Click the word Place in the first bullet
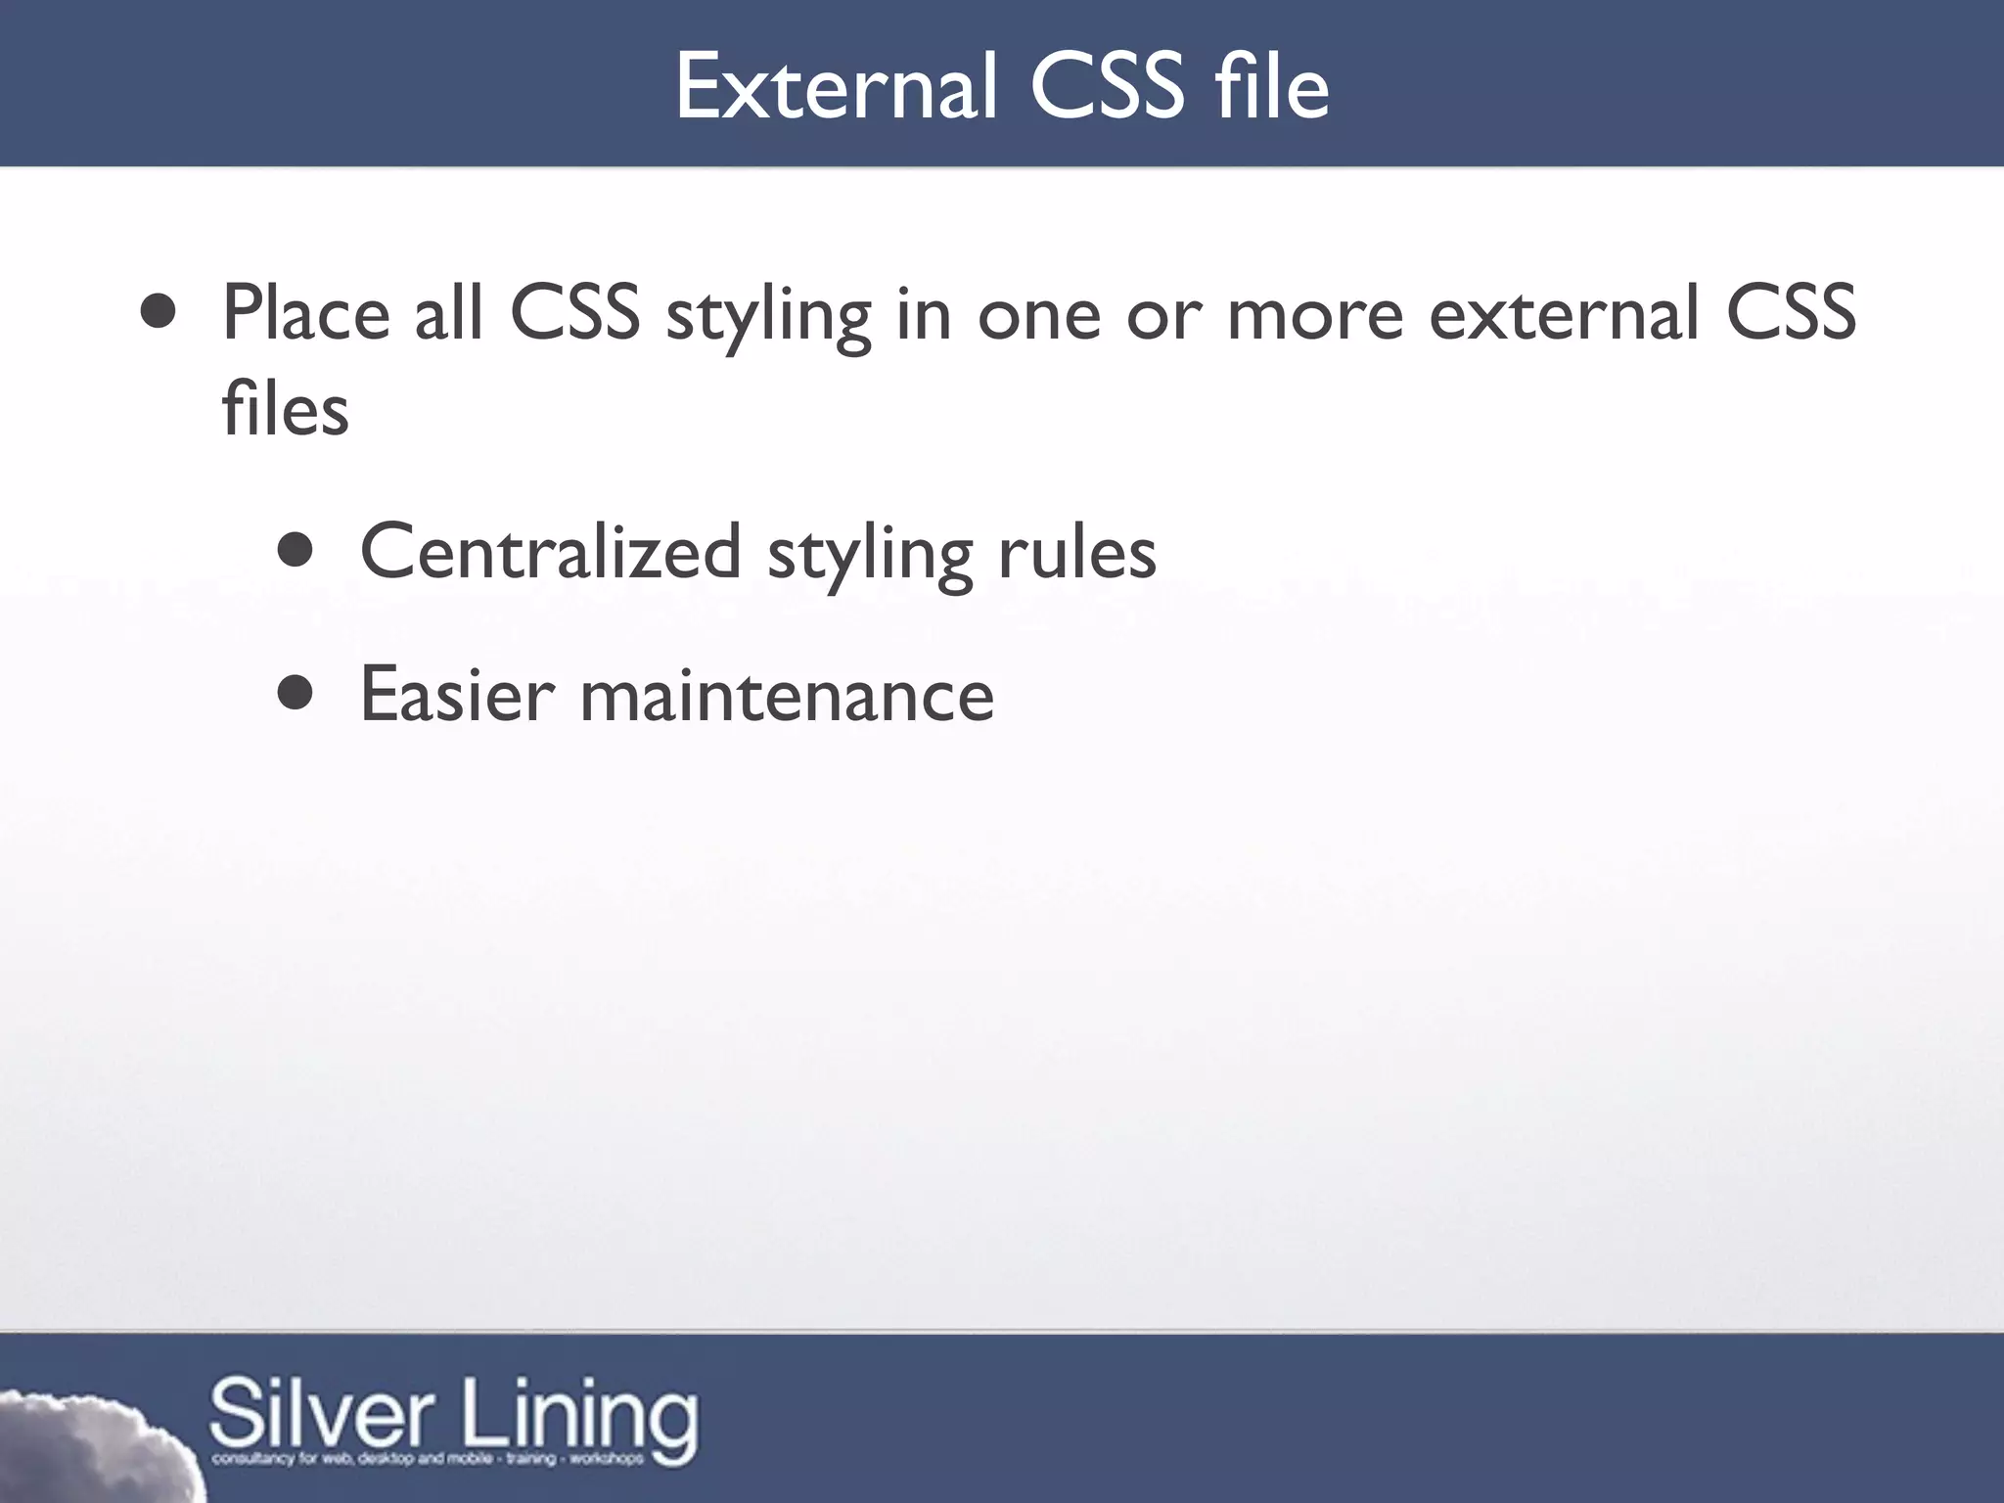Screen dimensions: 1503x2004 [x=305, y=313]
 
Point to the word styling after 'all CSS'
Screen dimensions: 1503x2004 [x=768, y=315]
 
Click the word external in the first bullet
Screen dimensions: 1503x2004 [x=1563, y=313]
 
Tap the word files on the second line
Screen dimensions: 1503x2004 [x=285, y=408]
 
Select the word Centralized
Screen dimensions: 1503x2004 [x=550, y=552]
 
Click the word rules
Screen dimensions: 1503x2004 [x=1077, y=552]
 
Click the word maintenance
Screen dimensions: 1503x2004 [x=787, y=695]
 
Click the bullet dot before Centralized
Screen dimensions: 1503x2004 [x=295, y=551]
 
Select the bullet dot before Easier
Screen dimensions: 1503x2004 [x=295, y=694]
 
